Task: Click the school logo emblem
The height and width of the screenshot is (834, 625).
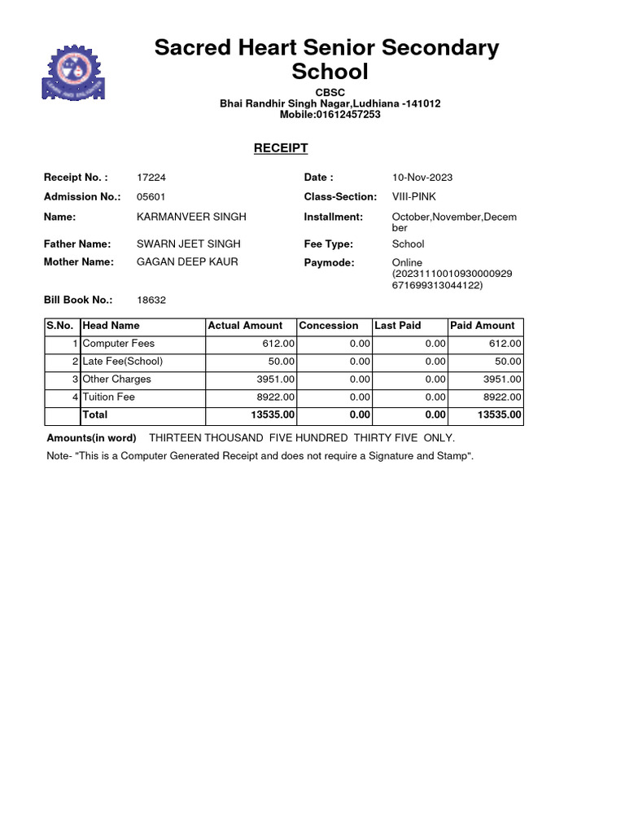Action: tap(74, 72)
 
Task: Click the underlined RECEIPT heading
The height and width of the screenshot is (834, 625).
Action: tap(281, 148)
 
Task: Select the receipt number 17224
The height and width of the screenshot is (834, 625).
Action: tap(151, 178)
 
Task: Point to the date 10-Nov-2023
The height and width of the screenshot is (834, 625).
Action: tap(422, 178)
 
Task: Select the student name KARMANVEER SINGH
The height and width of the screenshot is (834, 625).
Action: tap(191, 217)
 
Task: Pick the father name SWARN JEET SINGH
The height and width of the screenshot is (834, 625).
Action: tap(188, 244)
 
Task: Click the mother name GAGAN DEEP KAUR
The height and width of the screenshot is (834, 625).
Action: tap(187, 262)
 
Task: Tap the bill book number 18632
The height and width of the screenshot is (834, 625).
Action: tap(151, 300)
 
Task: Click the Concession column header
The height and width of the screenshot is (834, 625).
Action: tap(329, 326)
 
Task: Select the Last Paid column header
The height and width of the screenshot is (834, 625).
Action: tap(398, 326)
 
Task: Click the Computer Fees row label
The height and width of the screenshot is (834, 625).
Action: tap(119, 344)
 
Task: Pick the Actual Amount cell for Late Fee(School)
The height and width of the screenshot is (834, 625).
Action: tap(282, 362)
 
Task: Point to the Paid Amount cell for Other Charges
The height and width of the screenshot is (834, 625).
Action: tap(502, 380)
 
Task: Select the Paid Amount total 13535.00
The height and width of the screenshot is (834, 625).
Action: tap(500, 415)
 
